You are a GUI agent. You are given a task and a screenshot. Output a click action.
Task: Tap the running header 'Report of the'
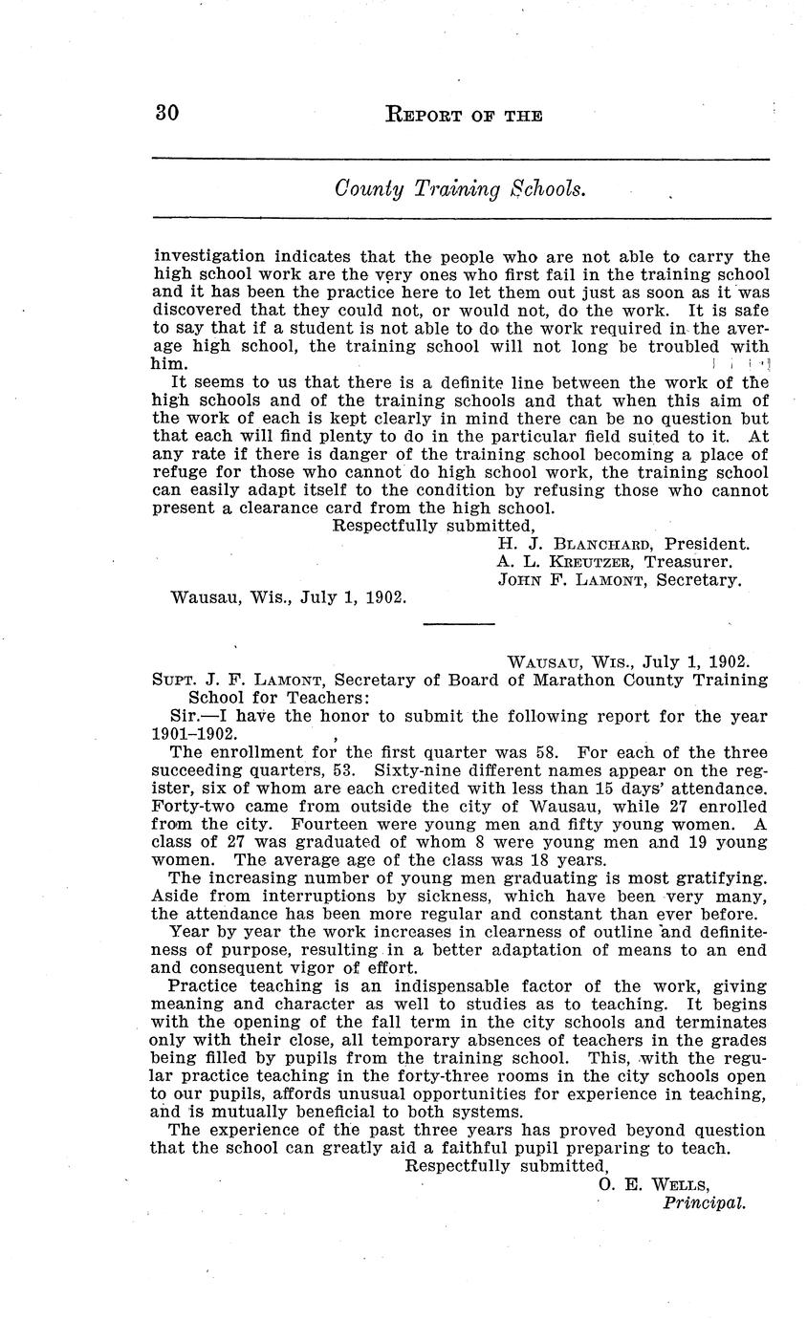coord(463,116)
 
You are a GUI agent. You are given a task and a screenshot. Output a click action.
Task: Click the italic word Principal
coord(704,1202)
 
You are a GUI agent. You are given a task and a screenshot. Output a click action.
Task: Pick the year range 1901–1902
coord(189,734)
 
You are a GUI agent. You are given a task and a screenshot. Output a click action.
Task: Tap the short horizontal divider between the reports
coord(459,623)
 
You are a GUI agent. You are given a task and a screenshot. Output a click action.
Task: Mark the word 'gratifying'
coord(719,877)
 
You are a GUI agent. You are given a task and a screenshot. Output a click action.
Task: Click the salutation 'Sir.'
coord(185,716)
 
